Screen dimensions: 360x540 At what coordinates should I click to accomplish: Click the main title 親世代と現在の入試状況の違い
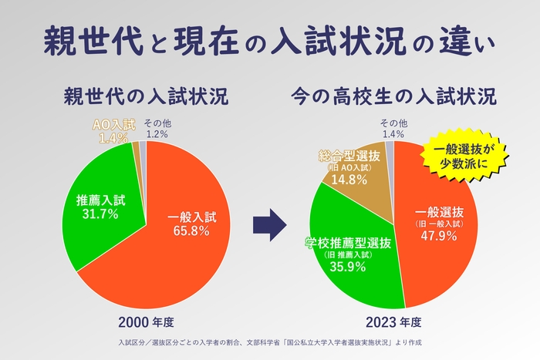[x=269, y=40]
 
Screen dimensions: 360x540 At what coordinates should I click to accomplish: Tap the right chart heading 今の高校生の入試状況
[x=393, y=98]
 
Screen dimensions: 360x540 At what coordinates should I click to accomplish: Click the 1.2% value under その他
[x=157, y=134]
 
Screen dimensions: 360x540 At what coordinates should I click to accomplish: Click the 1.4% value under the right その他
[x=394, y=134]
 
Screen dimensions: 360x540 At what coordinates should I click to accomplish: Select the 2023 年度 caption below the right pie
[x=393, y=321]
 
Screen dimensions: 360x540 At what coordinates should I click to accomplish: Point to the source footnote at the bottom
[x=269, y=341]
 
